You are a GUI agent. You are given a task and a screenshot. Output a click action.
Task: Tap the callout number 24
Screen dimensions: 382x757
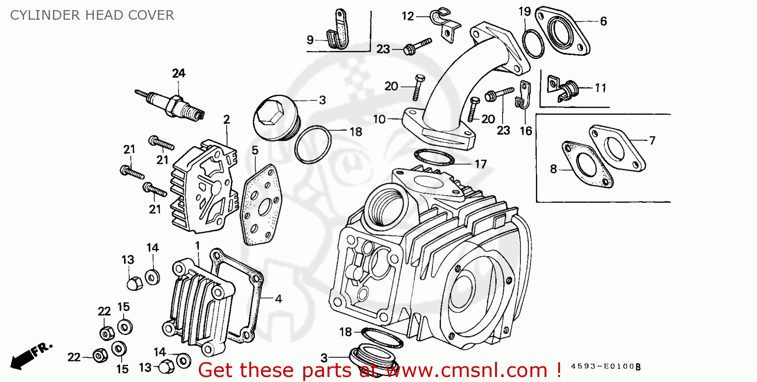[179, 73]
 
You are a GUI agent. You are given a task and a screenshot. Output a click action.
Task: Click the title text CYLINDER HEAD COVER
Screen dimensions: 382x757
[92, 15]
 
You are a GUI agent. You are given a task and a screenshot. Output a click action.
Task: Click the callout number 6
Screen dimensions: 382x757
[603, 21]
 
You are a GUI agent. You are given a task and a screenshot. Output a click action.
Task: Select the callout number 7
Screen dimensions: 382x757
[652, 140]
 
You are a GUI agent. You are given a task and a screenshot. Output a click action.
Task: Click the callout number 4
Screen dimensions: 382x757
[278, 299]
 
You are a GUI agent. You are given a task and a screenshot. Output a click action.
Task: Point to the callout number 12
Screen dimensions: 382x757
[408, 16]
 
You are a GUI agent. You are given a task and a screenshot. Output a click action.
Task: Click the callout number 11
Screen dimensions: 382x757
[600, 88]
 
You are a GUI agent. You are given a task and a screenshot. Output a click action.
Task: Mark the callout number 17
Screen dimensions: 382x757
[480, 164]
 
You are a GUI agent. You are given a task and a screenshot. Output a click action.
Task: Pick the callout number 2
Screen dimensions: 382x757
[227, 120]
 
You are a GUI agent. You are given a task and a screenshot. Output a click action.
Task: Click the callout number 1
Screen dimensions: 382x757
[197, 245]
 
